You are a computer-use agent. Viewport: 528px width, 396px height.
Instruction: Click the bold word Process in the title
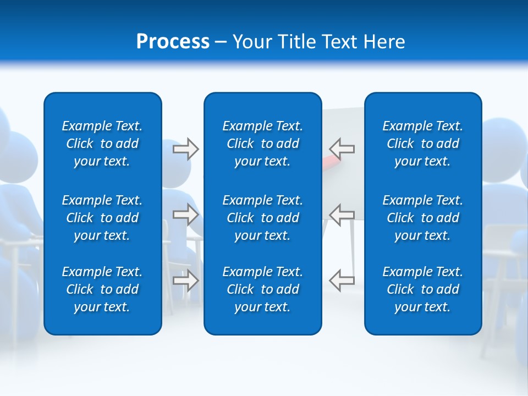173,42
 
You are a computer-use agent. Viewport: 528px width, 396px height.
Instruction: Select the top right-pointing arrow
186,149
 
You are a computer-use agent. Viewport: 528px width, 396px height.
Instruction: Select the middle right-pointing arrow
186,215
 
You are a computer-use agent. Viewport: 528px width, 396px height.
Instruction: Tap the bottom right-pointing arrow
186,280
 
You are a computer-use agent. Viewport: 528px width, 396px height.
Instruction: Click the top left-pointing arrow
342,148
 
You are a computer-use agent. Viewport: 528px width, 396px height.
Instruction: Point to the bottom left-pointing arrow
342,280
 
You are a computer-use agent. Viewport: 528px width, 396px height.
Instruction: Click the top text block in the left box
102,144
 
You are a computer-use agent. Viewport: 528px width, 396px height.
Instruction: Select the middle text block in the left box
102,218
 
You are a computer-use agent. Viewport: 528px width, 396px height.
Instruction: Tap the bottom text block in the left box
102,289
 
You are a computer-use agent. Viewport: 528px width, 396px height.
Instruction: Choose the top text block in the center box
263,144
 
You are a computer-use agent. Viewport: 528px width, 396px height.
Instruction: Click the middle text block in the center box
263,218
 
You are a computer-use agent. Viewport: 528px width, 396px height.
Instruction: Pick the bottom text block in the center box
263,289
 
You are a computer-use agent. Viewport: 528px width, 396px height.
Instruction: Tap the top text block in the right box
423,144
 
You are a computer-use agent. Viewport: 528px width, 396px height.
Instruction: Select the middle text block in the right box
423,218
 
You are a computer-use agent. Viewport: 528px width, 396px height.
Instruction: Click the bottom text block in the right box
423,289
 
